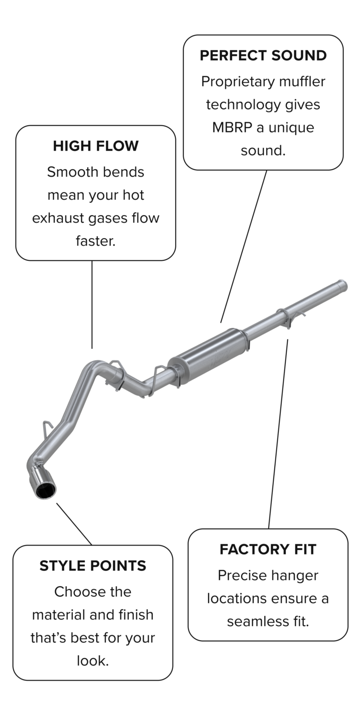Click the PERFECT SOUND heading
tap(263, 55)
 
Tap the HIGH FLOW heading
tap(96, 146)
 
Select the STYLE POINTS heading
tap(93, 566)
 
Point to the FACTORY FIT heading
tap(268, 549)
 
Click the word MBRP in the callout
tap(232, 128)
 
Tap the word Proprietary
tap(237, 82)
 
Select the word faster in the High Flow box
tap(95, 241)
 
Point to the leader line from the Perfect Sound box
tap(244, 246)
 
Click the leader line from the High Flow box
tap(92, 305)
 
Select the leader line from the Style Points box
tap(74, 524)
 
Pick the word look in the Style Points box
tap(92, 661)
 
